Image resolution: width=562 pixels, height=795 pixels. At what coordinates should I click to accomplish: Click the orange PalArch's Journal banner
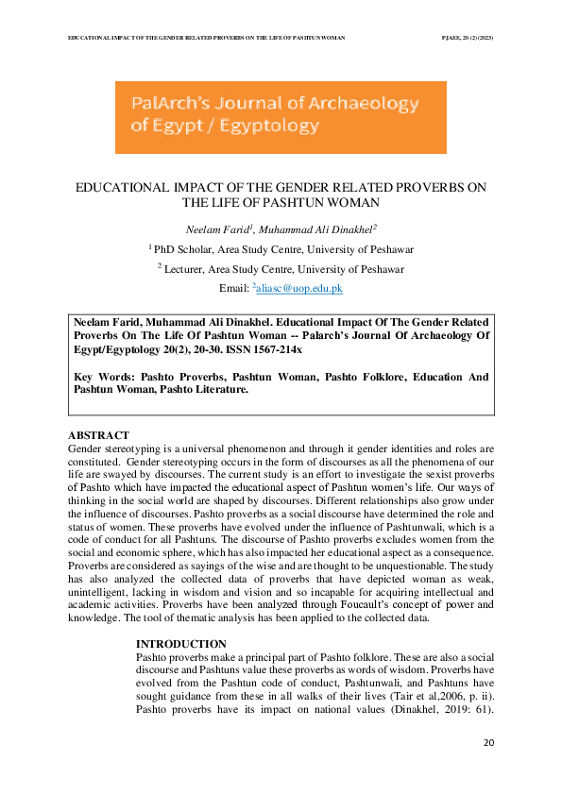tap(281, 117)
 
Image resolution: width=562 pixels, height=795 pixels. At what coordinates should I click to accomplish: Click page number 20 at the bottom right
tap(488, 744)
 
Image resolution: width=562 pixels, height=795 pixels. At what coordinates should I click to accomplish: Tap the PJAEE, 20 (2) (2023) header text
tap(468, 37)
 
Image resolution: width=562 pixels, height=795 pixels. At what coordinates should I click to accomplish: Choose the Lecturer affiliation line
tap(281, 269)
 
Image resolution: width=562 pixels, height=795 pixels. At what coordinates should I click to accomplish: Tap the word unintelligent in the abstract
tap(103, 587)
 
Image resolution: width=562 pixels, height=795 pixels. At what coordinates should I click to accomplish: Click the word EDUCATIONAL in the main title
tap(122, 188)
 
